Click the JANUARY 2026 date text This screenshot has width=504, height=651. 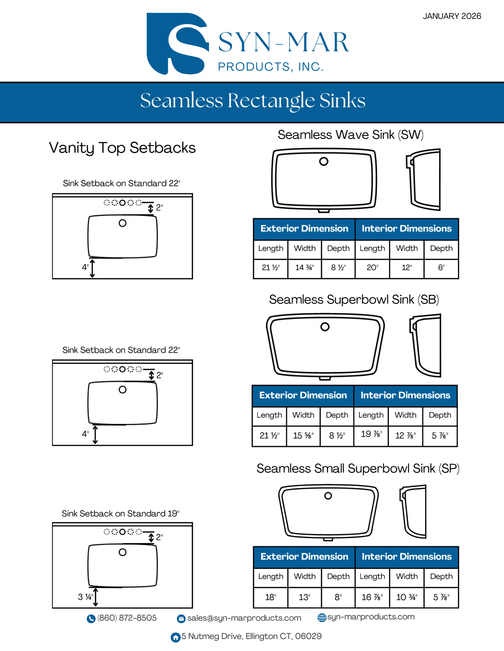point(452,16)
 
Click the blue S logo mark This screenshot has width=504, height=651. point(177,43)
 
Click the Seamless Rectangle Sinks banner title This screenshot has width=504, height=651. point(252,101)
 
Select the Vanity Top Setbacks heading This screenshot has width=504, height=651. point(122,148)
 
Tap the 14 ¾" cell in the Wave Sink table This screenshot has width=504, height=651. point(304,268)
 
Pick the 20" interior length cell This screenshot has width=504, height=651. point(372,268)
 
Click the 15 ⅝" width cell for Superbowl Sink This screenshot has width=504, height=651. point(303,435)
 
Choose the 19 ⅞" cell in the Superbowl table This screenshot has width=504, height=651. point(371,434)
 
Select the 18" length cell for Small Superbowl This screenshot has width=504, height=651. point(271,597)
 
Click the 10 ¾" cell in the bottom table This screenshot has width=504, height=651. point(407,597)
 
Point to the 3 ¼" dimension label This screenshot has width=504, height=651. point(85,597)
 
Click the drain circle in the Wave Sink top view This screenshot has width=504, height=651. point(324,161)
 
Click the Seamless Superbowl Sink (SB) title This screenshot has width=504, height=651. point(354,299)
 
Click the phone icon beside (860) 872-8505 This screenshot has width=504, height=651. point(91,618)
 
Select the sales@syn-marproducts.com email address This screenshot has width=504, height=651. point(244,618)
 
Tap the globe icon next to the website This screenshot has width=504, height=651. point(322,617)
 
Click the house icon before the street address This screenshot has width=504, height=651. point(175,637)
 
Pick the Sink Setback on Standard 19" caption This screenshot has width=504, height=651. point(120,514)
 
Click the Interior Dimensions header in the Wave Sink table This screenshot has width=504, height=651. point(407,229)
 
